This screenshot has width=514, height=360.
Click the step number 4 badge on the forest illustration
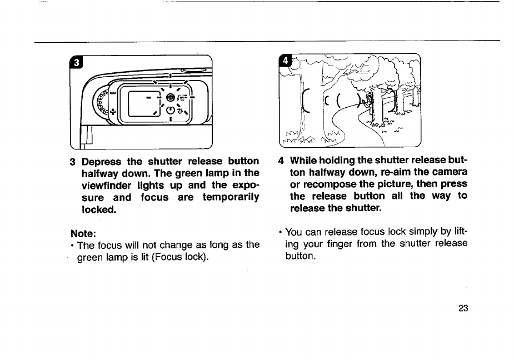[286, 60]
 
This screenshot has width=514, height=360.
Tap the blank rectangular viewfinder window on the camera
[137, 104]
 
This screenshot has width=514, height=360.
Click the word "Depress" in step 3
[102, 162]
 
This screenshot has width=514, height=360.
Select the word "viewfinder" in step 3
[108, 185]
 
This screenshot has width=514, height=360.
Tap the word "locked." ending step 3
[97, 210]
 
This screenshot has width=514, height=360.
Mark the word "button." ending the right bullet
[300, 257]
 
